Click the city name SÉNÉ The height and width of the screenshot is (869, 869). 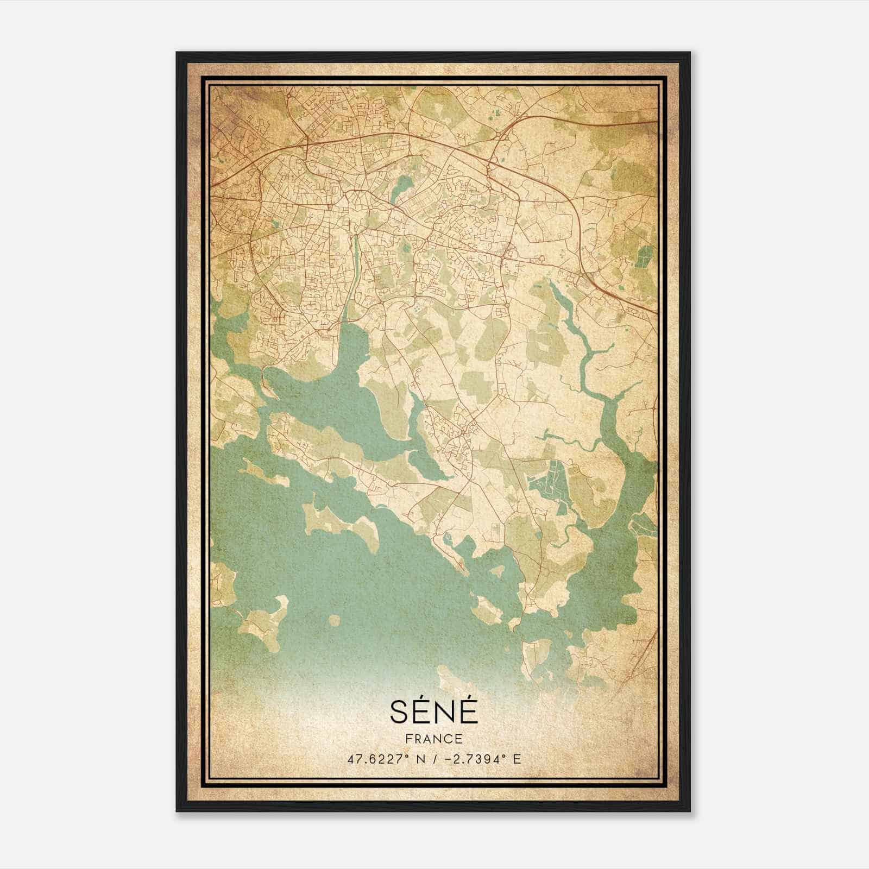point(433,711)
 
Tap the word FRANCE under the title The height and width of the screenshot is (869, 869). point(433,739)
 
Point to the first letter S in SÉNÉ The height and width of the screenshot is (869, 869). point(397,712)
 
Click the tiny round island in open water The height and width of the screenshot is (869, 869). point(333,620)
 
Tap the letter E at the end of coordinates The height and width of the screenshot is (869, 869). point(517,759)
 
